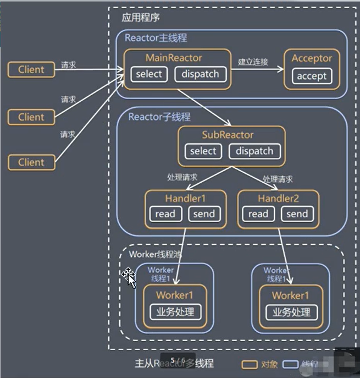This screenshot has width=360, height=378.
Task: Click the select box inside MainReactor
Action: [x=149, y=74]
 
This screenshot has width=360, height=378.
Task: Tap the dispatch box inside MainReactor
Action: [x=200, y=74]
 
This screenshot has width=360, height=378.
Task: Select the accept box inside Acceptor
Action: [x=312, y=76]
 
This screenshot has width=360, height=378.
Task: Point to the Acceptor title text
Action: [x=312, y=58]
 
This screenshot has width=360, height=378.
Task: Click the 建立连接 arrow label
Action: [x=253, y=62]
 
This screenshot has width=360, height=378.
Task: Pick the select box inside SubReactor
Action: [x=203, y=151]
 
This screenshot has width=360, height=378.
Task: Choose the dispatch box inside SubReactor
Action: [x=254, y=151]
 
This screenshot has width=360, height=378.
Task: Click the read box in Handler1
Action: [x=165, y=214]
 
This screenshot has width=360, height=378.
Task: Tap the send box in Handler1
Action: [x=204, y=214]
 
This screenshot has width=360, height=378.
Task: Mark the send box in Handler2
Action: [x=297, y=214]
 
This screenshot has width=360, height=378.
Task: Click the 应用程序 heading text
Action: [x=141, y=17]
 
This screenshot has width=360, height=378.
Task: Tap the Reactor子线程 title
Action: [x=159, y=117]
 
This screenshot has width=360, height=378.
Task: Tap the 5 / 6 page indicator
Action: [x=178, y=360]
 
